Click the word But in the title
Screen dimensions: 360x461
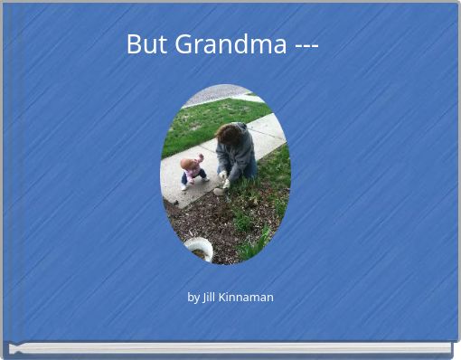(x=144, y=43)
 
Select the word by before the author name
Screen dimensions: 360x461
(x=193, y=297)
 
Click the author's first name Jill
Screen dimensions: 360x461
(x=211, y=297)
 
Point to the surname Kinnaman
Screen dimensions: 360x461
(x=248, y=297)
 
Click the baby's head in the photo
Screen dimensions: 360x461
(x=189, y=164)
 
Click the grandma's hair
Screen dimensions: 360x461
(x=230, y=132)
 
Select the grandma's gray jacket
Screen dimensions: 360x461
(x=238, y=154)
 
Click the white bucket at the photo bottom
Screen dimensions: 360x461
(x=199, y=248)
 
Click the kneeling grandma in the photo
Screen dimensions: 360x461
(x=235, y=154)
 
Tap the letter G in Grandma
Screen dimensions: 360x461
(x=183, y=43)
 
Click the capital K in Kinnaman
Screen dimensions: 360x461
(x=226, y=297)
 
